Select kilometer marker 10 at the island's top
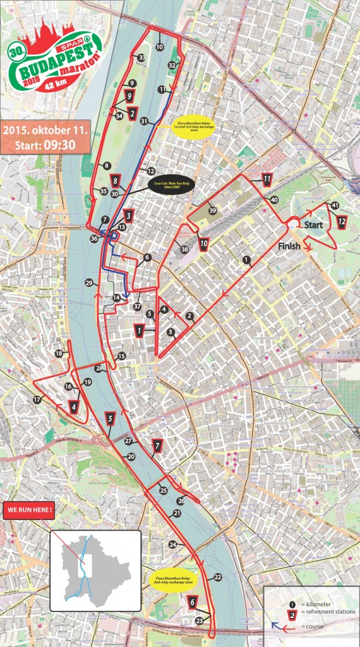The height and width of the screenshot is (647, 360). click(159, 47)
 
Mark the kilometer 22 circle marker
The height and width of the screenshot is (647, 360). click(217, 577)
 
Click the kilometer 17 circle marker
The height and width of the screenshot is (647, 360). click(37, 400)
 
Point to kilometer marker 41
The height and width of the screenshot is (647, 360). click(335, 205)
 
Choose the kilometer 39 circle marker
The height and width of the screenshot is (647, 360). click(213, 210)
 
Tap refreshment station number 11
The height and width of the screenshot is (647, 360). click(267, 179)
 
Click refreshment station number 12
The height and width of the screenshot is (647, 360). click(341, 222)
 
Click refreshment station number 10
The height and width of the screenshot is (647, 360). click(203, 243)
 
